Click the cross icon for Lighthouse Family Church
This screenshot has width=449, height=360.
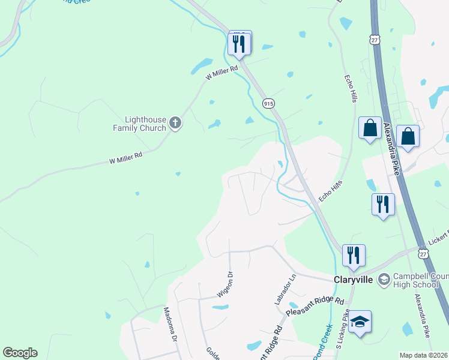point(176,123)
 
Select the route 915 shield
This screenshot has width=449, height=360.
point(268,103)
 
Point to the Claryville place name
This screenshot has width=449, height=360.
point(353,280)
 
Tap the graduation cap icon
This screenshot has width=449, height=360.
point(360,323)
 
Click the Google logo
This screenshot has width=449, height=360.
point(20,353)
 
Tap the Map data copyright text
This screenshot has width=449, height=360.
point(424,355)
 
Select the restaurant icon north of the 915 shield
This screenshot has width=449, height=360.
point(240,43)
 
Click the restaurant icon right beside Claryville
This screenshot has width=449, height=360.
point(354,255)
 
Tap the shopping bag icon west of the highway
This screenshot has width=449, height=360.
point(370,128)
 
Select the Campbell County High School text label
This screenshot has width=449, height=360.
point(420,280)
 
